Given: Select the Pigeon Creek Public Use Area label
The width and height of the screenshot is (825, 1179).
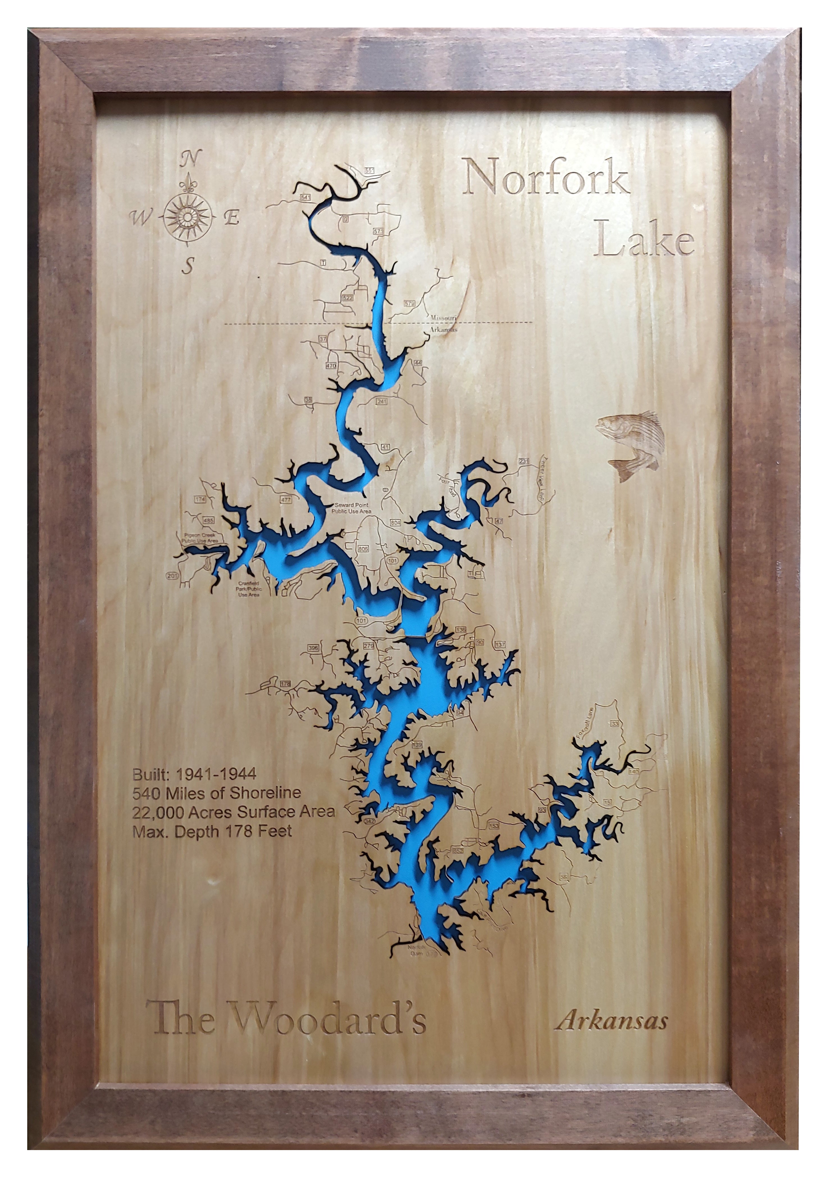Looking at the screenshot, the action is coord(201,538).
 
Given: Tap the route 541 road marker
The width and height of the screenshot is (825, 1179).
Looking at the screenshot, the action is coord(306,197).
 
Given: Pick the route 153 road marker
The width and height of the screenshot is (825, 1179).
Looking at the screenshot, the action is coord(493,826).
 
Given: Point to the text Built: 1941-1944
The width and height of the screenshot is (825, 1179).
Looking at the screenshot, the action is coord(195,774).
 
